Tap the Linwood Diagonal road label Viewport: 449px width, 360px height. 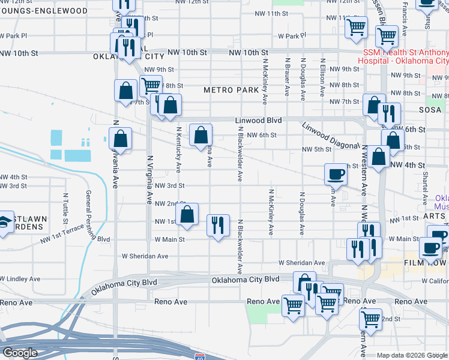(330, 136)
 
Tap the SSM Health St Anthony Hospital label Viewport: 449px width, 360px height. (403, 57)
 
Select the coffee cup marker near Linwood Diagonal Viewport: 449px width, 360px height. (336, 174)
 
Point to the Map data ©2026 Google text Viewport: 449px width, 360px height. (412, 355)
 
